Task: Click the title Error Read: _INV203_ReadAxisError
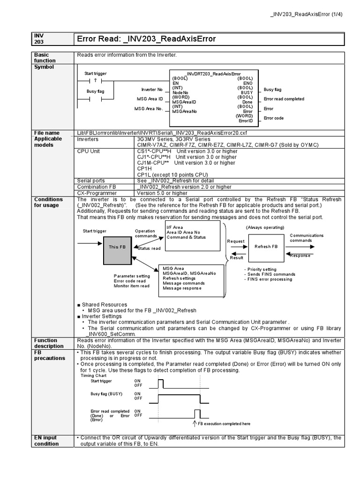coord(146,39)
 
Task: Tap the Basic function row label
coord(45,58)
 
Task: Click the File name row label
coord(46,133)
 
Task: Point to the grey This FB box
coord(117,247)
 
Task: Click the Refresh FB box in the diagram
coord(266,247)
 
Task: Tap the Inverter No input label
coord(151,90)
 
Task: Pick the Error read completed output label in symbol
coord(284,99)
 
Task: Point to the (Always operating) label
coord(265,227)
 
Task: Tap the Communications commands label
coord(306,238)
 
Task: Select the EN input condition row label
coord(46,441)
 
